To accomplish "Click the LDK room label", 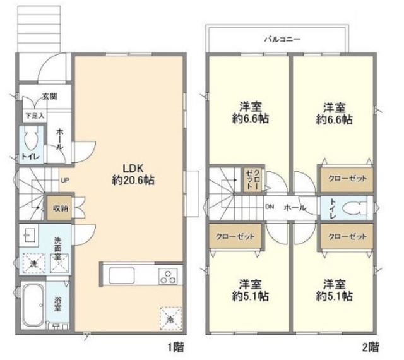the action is tap(133, 169).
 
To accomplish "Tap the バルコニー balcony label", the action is tap(283, 39).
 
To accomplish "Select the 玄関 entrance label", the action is tap(50, 97).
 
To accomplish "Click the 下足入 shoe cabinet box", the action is tap(35, 116).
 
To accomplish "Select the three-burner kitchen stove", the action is tap(168, 276).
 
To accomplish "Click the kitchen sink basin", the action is tap(122, 275).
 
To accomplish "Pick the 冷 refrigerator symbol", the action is tap(170, 318).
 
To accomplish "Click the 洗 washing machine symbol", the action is tap(33, 263).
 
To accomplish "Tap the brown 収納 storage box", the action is tap(59, 208).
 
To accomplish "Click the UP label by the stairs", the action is tap(64, 180).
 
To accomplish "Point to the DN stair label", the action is tap(270, 207).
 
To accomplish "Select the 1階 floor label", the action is tap(177, 347).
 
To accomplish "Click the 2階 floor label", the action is tap(371, 347).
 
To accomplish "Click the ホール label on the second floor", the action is tap(295, 208).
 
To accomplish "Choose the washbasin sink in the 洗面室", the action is tap(29, 234).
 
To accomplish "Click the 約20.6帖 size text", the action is tap(133, 180).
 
